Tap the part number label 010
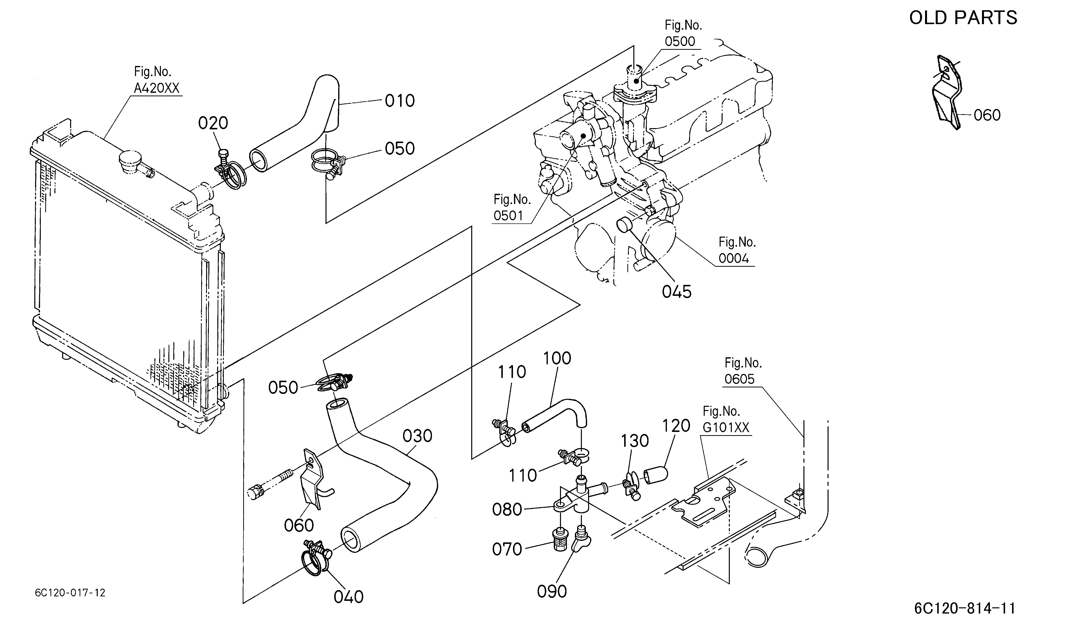(x=400, y=101)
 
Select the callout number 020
(x=213, y=123)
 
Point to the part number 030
(x=418, y=436)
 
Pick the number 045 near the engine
(x=677, y=292)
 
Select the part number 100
(x=557, y=359)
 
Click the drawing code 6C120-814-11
(x=965, y=608)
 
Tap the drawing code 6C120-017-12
(x=70, y=593)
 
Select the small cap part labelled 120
(x=656, y=475)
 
